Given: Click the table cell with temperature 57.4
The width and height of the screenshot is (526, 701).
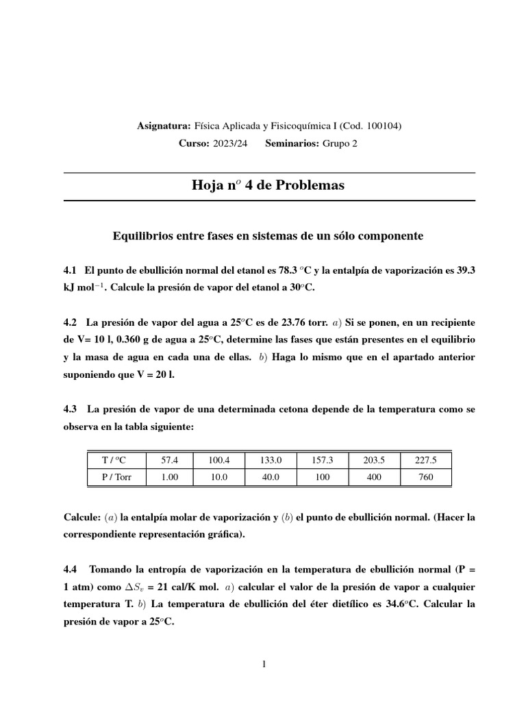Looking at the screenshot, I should click(x=169, y=461).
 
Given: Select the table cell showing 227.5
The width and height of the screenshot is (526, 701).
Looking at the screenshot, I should click(x=425, y=461).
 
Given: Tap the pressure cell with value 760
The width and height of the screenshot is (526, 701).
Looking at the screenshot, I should click(x=425, y=477).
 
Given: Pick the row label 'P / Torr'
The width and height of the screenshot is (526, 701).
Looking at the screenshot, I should click(x=116, y=477).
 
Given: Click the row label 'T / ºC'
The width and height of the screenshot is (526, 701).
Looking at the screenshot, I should click(x=116, y=461).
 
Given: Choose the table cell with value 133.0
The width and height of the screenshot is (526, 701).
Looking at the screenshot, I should click(x=271, y=461).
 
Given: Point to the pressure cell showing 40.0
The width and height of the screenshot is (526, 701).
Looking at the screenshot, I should click(x=271, y=477).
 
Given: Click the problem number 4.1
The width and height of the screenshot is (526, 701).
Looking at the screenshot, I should click(x=70, y=270).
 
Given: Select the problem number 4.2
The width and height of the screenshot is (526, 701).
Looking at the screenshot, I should click(x=70, y=322).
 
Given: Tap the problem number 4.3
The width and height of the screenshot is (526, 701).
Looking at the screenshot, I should click(x=70, y=409).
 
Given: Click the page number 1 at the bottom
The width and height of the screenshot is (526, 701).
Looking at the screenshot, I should click(x=264, y=663).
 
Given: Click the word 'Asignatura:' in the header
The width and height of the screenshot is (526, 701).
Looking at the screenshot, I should click(x=164, y=126).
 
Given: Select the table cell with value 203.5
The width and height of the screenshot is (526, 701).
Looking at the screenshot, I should click(x=374, y=461).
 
